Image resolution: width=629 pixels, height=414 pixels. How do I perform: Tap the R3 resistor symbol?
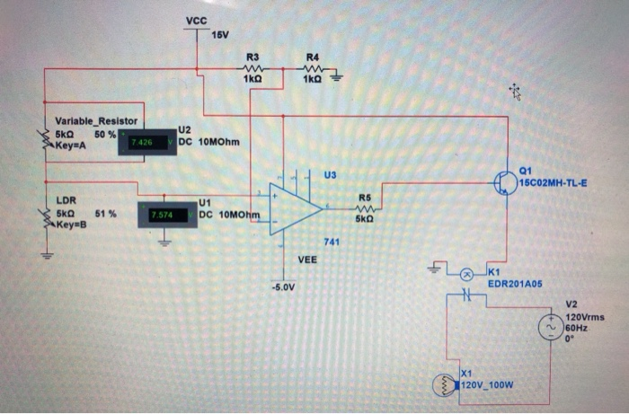pyautogui.click(x=252, y=69)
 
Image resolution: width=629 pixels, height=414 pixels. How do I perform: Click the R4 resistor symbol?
pyautogui.click(x=312, y=69)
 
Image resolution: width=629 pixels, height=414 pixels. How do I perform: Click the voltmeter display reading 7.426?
pyautogui.click(x=143, y=142)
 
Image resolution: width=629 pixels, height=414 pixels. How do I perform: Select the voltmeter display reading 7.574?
pyautogui.click(x=163, y=216)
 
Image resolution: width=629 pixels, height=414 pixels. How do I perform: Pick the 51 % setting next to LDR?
pyautogui.click(x=105, y=215)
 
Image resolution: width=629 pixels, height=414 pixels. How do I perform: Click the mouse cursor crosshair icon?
pyautogui.click(x=513, y=90)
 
